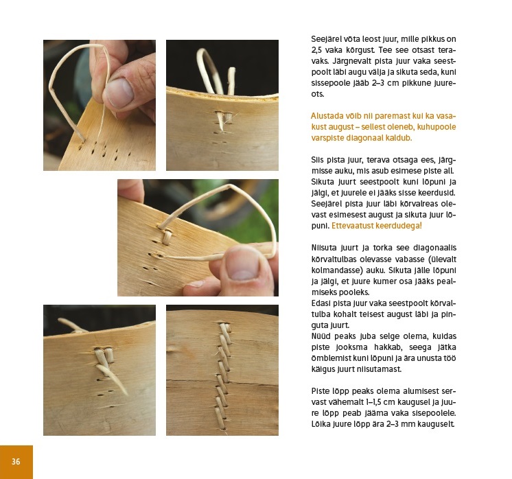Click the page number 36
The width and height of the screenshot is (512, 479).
16,461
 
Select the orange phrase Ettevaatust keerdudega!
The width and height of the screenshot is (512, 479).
377,226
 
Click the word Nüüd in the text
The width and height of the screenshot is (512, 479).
321,336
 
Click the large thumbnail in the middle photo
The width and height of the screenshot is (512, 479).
242,264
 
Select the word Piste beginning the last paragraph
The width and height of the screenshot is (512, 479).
319,391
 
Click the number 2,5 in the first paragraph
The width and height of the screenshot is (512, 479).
316,50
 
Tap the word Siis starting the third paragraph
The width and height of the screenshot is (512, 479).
318,160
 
